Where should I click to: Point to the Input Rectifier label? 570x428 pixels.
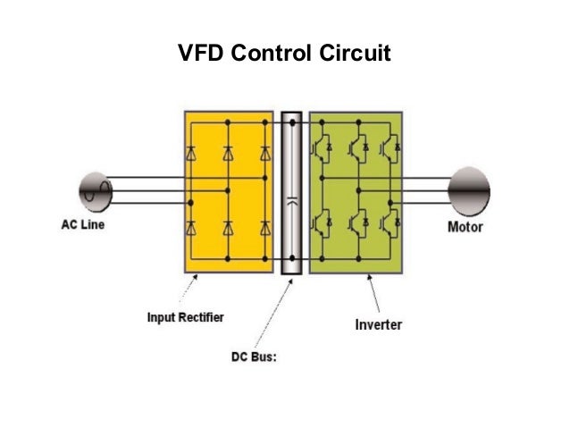[x=186, y=316]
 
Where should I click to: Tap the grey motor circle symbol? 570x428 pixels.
[x=468, y=189]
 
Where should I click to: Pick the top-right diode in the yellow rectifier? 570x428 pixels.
[x=264, y=154]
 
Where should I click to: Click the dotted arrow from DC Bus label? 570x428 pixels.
[x=276, y=313]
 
